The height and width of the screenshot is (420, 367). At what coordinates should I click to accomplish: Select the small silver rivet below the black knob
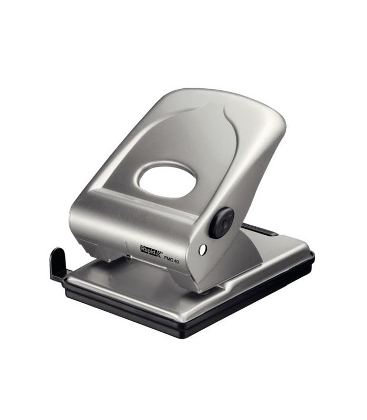203,250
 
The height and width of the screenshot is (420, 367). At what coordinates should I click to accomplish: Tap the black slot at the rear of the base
260,230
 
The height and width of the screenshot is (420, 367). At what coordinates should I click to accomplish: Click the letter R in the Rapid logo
143,249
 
